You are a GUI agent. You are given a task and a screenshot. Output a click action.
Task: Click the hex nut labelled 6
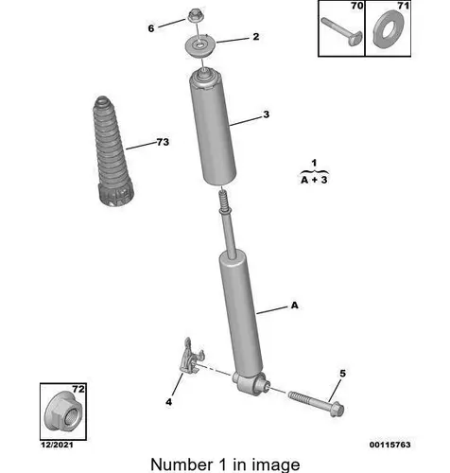(x=195, y=16)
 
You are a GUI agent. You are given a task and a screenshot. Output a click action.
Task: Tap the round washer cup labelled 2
(x=200, y=47)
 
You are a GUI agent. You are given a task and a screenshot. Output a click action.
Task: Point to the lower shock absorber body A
(x=241, y=312)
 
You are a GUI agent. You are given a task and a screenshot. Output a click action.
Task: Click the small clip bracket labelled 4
(x=190, y=357)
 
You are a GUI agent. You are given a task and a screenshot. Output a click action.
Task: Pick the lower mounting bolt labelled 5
(x=316, y=403)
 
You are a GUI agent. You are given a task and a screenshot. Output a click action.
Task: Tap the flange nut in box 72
(x=63, y=411)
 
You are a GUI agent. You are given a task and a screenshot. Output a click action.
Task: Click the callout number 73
(x=163, y=142)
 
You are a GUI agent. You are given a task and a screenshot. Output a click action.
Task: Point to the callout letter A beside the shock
(x=294, y=306)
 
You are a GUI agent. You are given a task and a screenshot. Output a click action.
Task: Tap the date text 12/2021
(x=57, y=445)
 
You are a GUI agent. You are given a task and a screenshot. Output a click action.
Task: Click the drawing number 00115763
(x=389, y=445)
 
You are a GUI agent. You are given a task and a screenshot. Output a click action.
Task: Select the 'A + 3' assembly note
(x=314, y=180)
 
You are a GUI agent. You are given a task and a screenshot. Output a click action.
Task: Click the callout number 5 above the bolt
(x=342, y=374)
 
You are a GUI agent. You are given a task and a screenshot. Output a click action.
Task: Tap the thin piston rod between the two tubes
(x=229, y=235)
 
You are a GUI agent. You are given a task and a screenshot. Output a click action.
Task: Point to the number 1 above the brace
(x=314, y=163)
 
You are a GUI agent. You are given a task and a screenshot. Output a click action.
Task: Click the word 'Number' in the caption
(x=182, y=464)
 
